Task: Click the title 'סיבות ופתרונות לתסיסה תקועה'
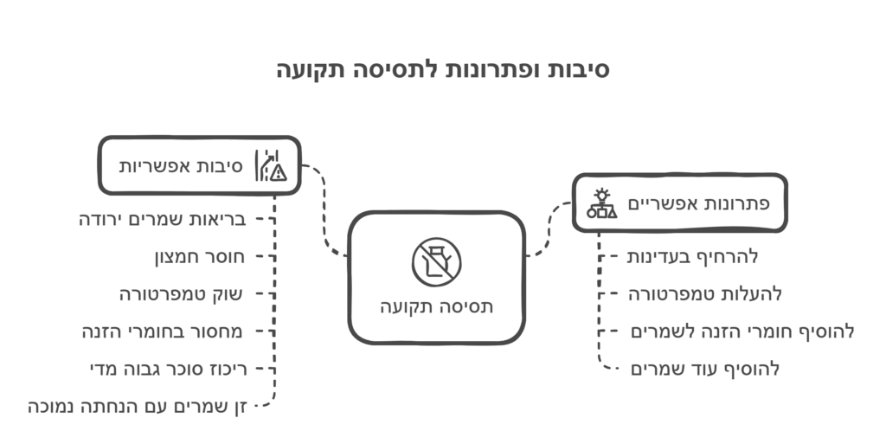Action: pyautogui.click(x=442, y=70)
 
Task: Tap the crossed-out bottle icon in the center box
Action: pyautogui.click(x=436, y=262)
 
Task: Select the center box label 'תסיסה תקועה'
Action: pyautogui.click(x=436, y=306)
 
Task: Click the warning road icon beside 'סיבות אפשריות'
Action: pyautogui.click(x=271, y=165)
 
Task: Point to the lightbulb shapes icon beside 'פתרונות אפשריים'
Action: pyautogui.click(x=602, y=203)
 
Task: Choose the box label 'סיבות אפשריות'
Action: pyautogui.click(x=181, y=167)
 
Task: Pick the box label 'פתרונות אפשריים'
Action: pyautogui.click(x=698, y=203)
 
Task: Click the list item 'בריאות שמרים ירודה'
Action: pyautogui.click(x=163, y=219)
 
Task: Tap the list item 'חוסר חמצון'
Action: pyautogui.click(x=200, y=257)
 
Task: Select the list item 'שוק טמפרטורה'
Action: pyautogui.click(x=182, y=294)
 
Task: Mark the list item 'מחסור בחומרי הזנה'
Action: pyautogui.click(x=163, y=331)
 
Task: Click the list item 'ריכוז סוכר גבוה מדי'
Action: pyautogui.click(x=169, y=370)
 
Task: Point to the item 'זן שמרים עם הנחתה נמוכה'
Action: pyautogui.click(x=138, y=407)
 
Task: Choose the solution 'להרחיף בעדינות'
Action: pyautogui.click(x=693, y=257)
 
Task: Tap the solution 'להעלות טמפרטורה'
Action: pyautogui.click(x=705, y=294)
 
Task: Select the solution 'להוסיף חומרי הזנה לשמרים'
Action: pyautogui.click(x=742, y=331)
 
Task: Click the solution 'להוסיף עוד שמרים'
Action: pyautogui.click(x=705, y=370)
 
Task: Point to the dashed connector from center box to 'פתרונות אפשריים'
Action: pyautogui.click(x=548, y=229)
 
